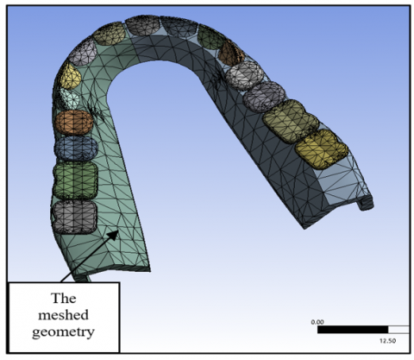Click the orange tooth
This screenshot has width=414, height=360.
coord(74,123)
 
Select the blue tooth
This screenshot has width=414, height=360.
coord(76,148)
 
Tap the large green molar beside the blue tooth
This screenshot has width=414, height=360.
coord(75,180)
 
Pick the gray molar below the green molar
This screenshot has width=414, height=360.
coord(73,217)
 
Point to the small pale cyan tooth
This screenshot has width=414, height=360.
coord(69,98)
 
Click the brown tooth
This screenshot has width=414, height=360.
coord(230,54)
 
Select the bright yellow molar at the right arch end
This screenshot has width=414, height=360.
coord(322,148)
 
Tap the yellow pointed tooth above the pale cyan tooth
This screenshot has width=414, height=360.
coord(69,75)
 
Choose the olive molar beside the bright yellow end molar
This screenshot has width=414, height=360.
coord(291,121)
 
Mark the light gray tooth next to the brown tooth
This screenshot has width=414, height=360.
coord(244,75)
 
